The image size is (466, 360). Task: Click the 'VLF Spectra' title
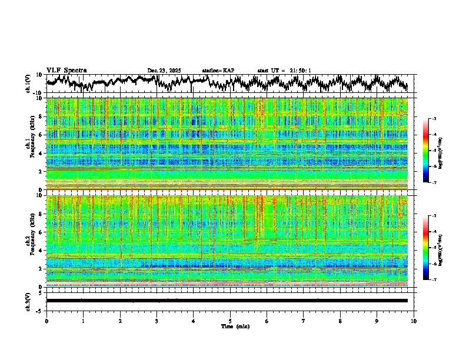coord(66,70)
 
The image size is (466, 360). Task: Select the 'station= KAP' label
coord(218,71)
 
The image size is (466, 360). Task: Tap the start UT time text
coord(284,71)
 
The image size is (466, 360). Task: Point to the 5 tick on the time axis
coord(230,321)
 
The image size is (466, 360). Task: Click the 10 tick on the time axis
coord(414,321)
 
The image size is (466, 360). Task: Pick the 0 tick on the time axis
coord(46,321)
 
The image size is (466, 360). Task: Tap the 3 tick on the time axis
coord(157,321)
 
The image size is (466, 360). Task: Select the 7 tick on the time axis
coord(304,321)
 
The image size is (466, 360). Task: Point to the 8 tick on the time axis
coord(340,321)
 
